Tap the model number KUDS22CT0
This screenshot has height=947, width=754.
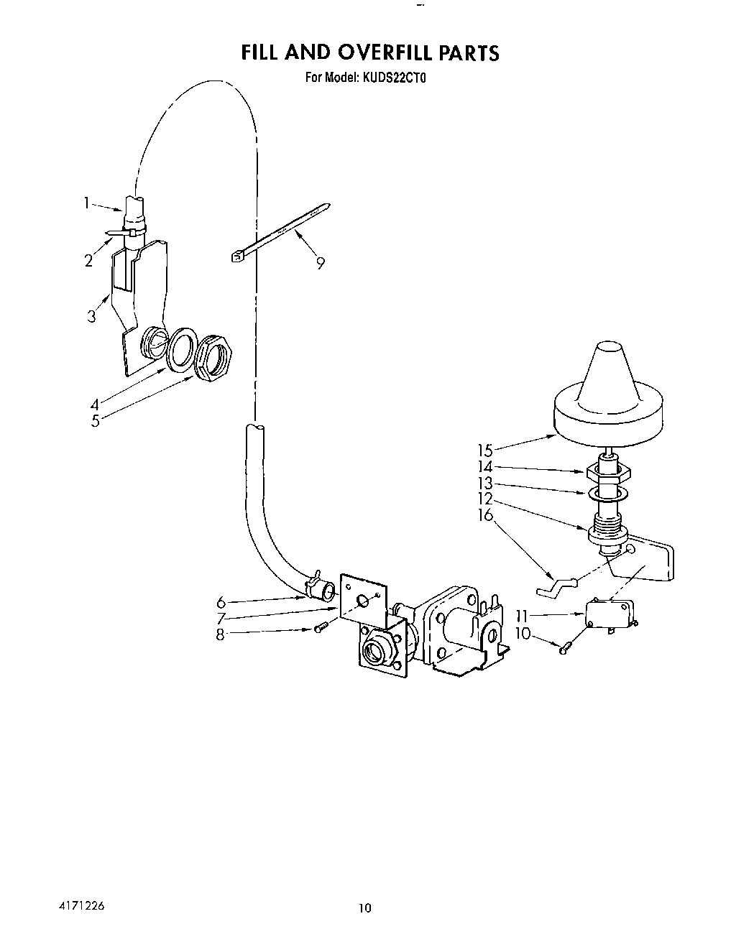pyautogui.click(x=394, y=78)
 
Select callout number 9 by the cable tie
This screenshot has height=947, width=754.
pyautogui.click(x=321, y=263)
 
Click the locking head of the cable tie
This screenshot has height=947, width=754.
pyautogui.click(x=238, y=256)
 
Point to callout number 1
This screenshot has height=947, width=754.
pyautogui.click(x=87, y=203)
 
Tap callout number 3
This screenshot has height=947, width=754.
pyautogui.click(x=91, y=316)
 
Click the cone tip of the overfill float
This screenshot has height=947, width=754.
pyautogui.click(x=608, y=346)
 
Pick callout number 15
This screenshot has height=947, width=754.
pyautogui.click(x=485, y=451)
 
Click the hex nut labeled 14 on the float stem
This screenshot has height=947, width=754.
pyautogui.click(x=608, y=473)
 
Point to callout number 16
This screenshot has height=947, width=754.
pyautogui.click(x=485, y=514)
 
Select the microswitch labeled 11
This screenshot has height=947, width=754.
pyautogui.click(x=610, y=614)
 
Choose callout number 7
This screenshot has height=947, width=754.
pyautogui.click(x=221, y=618)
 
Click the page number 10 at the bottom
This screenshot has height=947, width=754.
pyautogui.click(x=365, y=907)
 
